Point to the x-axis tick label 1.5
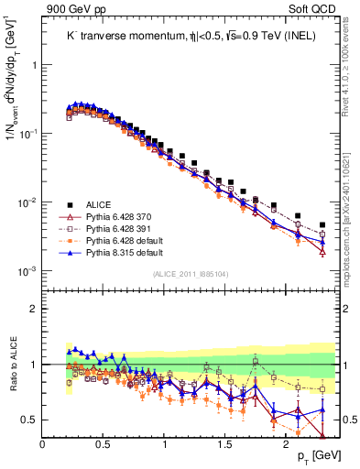(x=226, y=444)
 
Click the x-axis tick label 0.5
(x=104, y=444)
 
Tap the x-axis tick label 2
(x=288, y=444)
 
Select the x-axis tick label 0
(x=42, y=444)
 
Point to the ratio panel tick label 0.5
(x=27, y=420)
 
